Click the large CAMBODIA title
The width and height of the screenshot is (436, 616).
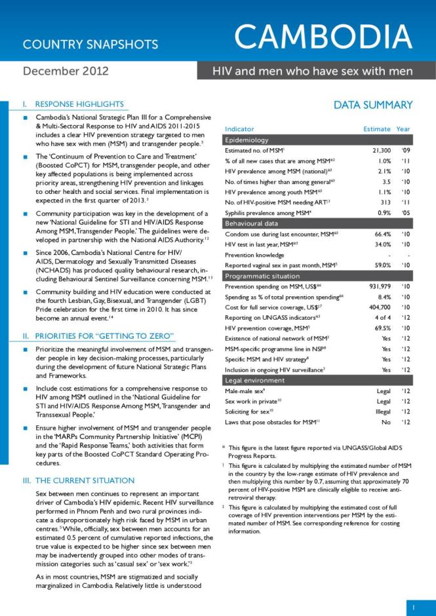325,37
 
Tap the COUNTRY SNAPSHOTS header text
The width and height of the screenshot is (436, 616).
90,45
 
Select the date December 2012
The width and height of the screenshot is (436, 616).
66,71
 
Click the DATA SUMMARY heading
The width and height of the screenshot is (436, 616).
373,105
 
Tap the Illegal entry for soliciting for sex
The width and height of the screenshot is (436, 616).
381,410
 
